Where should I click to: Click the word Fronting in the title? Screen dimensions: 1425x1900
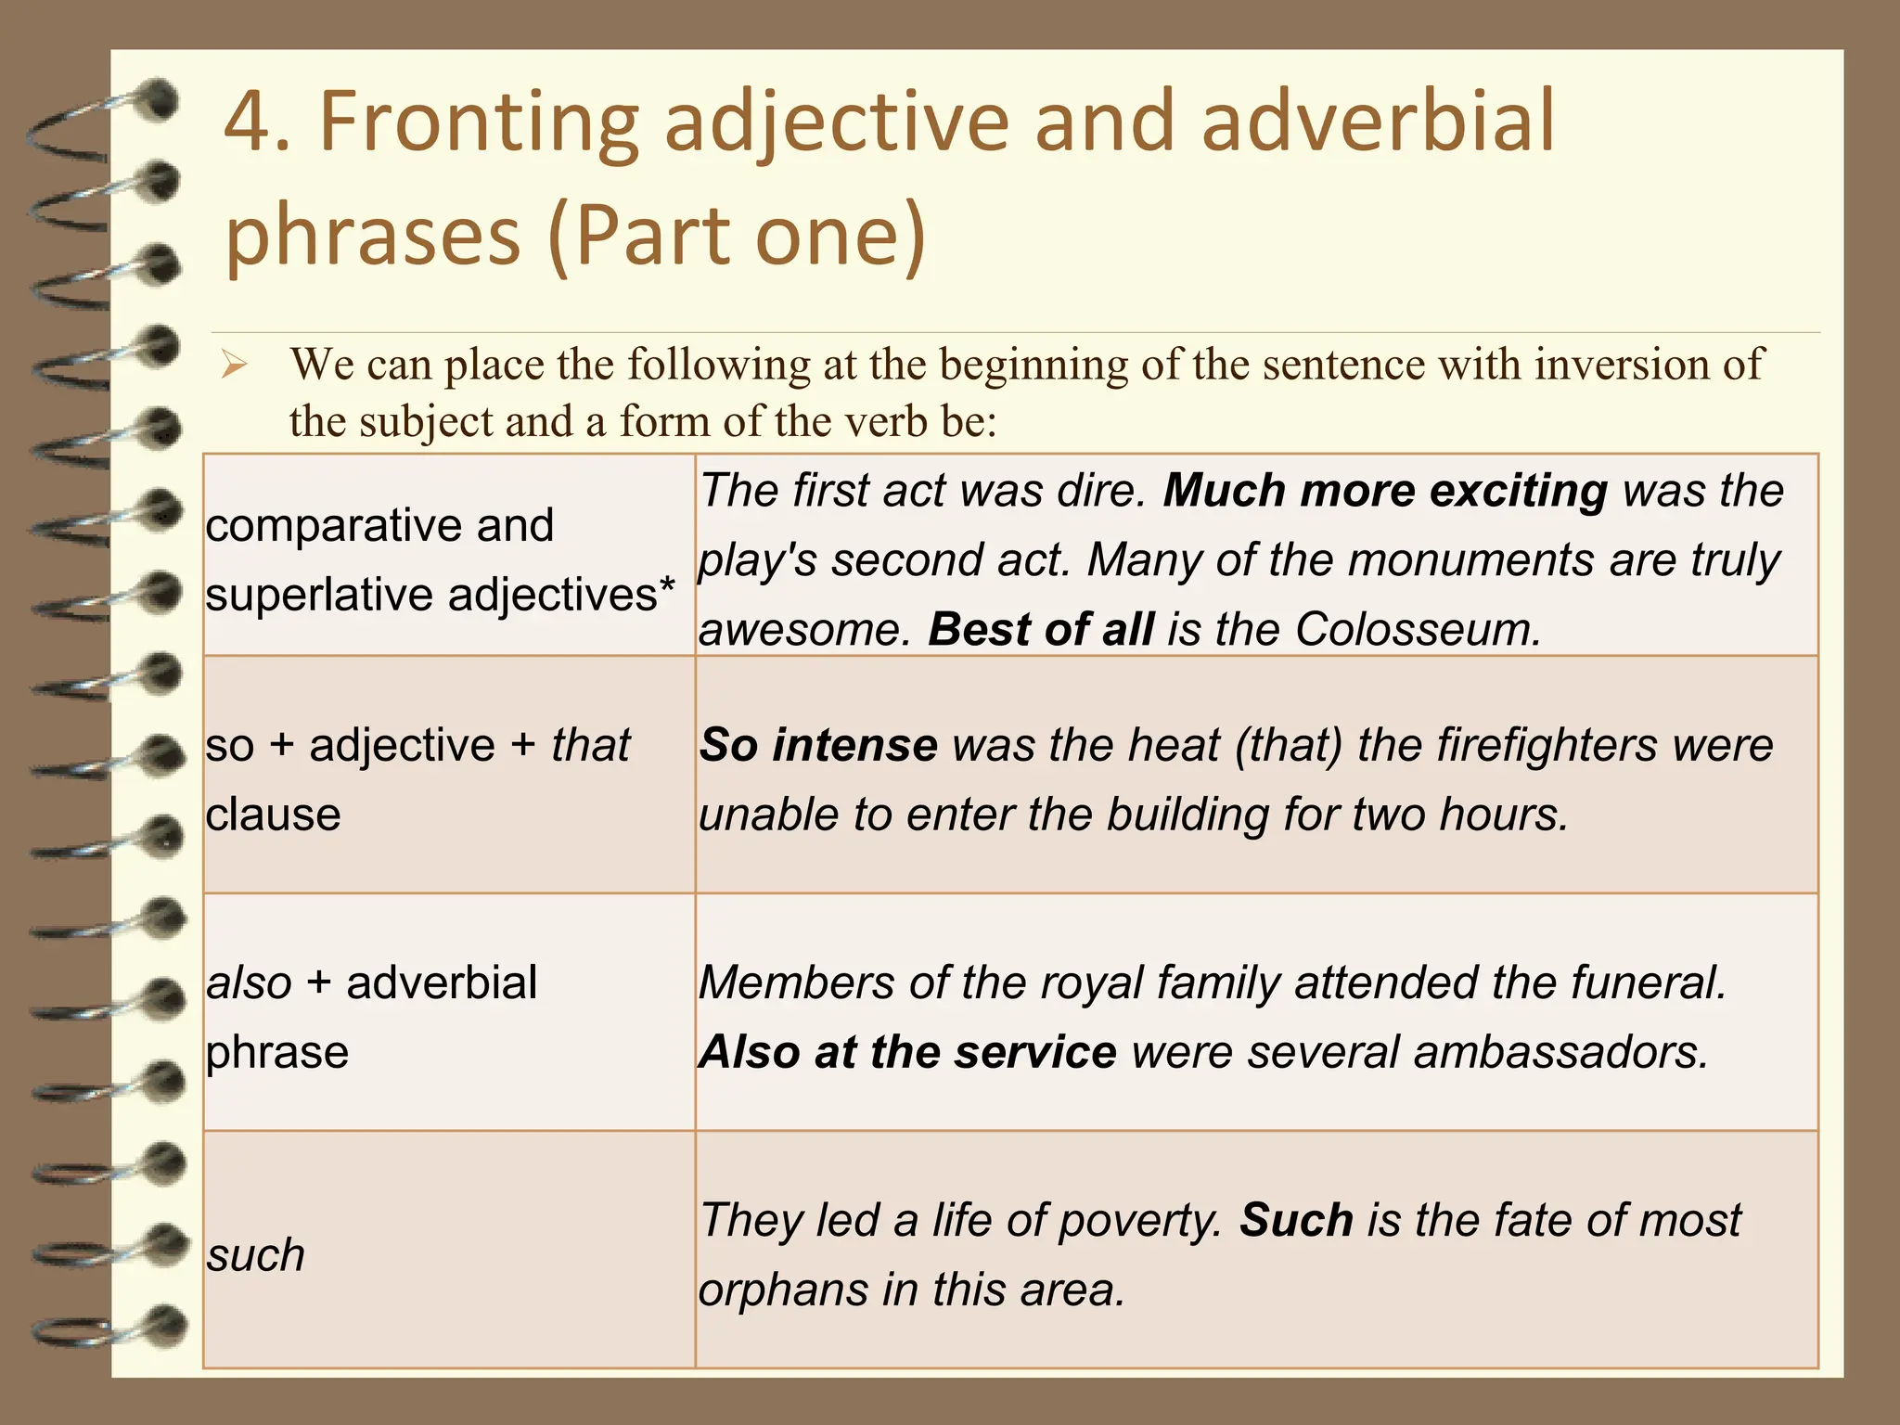[x=479, y=122]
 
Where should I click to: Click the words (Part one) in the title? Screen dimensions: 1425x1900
[x=738, y=236]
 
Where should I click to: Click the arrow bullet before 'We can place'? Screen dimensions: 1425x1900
[x=233, y=366]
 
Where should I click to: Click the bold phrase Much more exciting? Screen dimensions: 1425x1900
[x=1384, y=491]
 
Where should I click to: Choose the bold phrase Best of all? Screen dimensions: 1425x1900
[x=1041, y=630]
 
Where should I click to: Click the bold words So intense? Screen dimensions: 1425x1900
[x=818, y=746]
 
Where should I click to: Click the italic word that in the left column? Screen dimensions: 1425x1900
[x=590, y=746]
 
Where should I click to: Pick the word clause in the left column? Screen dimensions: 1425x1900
[x=274, y=815]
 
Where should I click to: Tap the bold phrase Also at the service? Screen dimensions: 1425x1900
[x=907, y=1053]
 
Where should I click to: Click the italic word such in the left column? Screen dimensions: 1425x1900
[x=255, y=1256]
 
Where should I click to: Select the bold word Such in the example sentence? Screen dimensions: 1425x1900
[x=1296, y=1221]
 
